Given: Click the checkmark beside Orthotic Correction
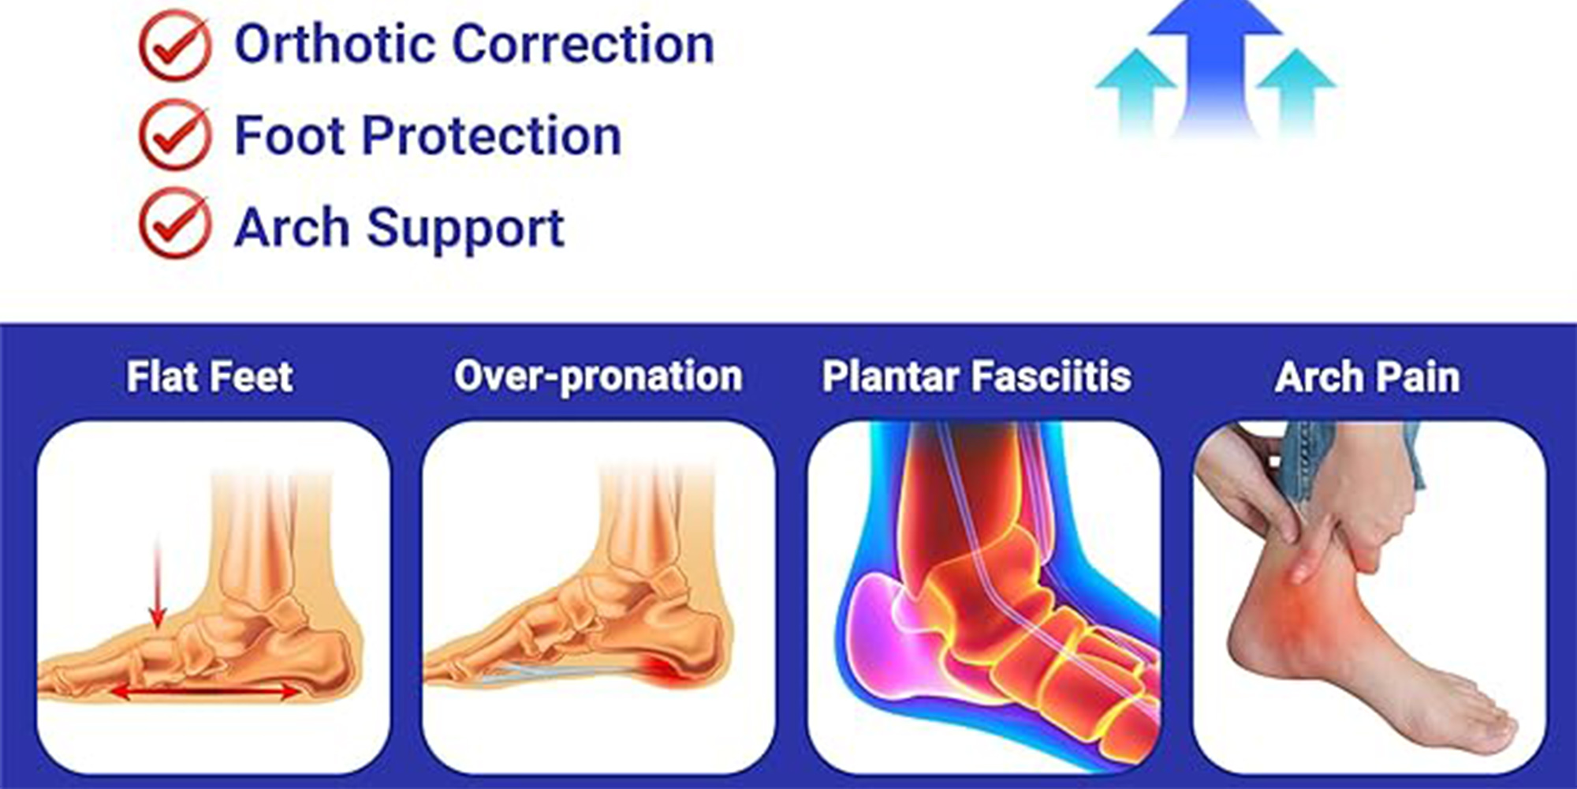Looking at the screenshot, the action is point(175,46).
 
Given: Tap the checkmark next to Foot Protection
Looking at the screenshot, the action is point(175,136).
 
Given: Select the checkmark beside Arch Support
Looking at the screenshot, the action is point(175,224).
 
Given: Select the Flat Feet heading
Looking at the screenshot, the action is point(210,376).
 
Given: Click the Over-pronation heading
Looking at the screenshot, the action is point(598,376).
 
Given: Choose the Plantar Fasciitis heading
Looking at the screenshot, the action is point(977,376).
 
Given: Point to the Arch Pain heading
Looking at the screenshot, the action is point(1367,376).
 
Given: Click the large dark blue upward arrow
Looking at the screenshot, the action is point(1215,67).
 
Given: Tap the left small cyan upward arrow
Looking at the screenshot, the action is point(1136,91).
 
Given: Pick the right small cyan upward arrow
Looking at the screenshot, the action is point(1296,91).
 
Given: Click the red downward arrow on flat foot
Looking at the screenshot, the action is point(158,584).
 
